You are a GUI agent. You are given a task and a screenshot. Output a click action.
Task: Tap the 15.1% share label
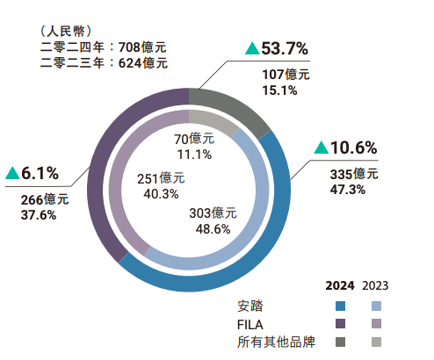[x=279, y=89]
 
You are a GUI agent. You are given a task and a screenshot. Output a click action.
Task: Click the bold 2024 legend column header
[x=340, y=286]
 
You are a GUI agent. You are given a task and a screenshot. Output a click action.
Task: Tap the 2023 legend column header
[x=374, y=286]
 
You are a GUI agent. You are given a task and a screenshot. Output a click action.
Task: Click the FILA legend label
[x=250, y=324]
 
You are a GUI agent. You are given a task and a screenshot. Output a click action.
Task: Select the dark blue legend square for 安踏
[x=340, y=306]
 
